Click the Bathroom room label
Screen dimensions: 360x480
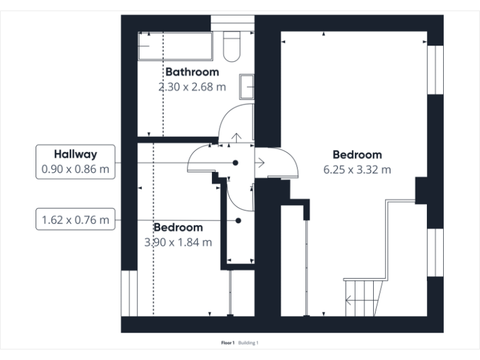click(192, 72)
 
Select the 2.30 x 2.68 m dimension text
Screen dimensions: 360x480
click(192, 87)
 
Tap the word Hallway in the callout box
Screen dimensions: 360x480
click(75, 153)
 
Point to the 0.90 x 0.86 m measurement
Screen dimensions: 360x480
click(75, 169)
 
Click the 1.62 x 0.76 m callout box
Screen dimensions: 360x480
click(75, 220)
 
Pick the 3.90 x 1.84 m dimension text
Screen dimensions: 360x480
click(178, 242)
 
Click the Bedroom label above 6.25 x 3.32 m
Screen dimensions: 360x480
click(357, 154)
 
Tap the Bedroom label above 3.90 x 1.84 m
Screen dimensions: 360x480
click(178, 227)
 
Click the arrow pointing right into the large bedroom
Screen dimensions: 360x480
click(260, 162)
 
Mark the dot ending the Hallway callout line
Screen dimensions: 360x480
click(236, 162)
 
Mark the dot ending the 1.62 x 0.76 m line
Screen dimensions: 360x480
click(238, 221)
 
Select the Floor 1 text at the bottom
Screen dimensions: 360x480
click(227, 343)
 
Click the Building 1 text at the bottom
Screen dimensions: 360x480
click(248, 343)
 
